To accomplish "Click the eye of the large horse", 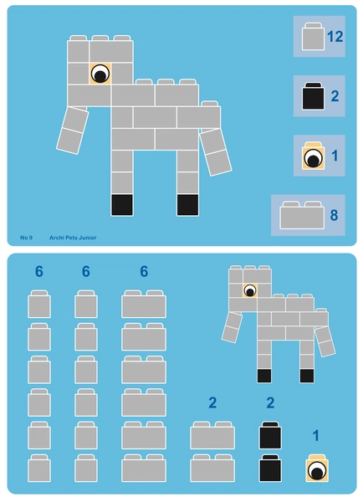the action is tap(100, 74).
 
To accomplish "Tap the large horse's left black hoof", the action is tap(122, 205).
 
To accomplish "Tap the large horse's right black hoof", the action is tap(187, 205).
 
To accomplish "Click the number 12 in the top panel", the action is tap(335, 37).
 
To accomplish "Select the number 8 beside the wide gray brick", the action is tap(334, 215).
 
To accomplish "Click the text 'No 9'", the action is tap(26, 238).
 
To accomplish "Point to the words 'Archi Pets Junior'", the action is tap(73, 238).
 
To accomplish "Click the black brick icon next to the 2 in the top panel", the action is tap(313, 96).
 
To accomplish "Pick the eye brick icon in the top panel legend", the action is tap(313, 156).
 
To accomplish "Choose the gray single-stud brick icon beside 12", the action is tap(313, 37).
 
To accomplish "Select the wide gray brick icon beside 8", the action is tap(302, 215).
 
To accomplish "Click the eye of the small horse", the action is tap(250, 290).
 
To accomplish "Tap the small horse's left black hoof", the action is tap(264, 376).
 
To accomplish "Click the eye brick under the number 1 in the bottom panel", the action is tap(317, 468).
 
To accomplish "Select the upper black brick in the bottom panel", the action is tap(270, 435).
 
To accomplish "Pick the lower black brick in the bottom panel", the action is tap(270, 468).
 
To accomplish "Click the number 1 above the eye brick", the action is tap(316, 435).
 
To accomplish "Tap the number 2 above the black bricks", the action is tap(270, 402).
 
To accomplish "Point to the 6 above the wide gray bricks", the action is tap(144, 271).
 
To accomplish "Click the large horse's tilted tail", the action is tap(215, 151).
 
